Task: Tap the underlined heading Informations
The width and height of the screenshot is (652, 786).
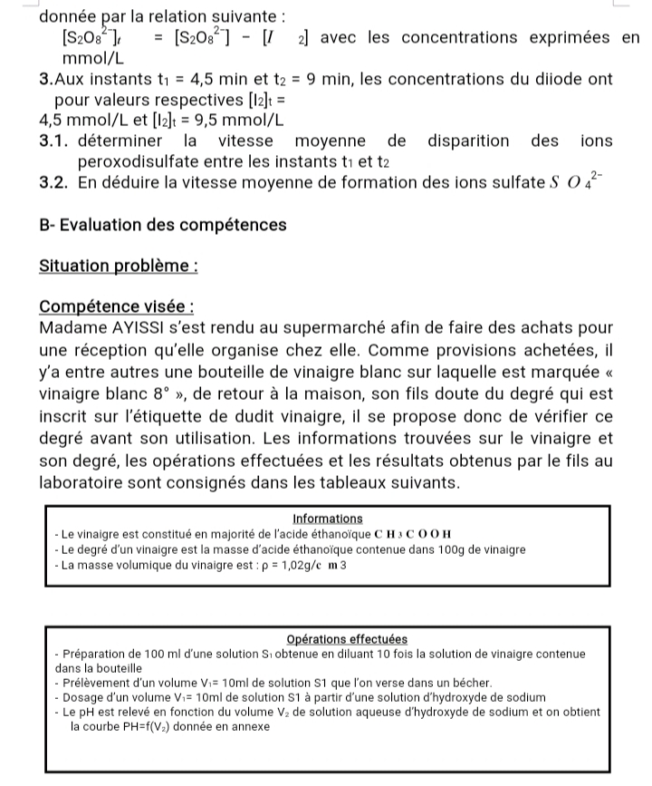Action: point(329,519)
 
